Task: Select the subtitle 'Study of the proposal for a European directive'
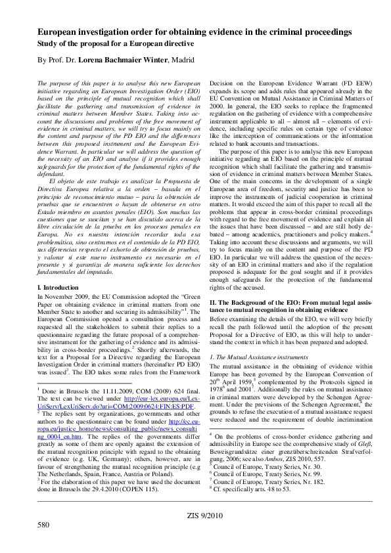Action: pyautogui.click(x=116, y=44)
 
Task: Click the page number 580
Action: pyautogui.click(x=43, y=525)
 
